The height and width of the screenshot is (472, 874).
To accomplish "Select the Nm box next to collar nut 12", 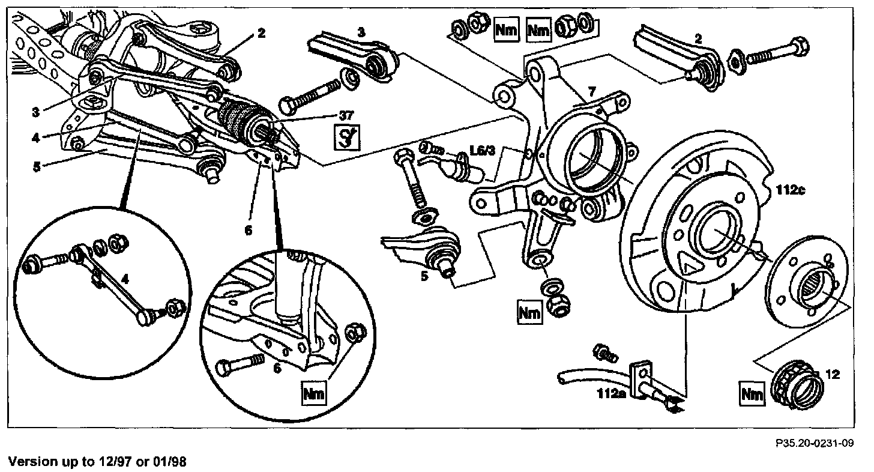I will pyautogui.click(x=753, y=394).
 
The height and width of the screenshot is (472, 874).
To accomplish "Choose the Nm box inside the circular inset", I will pyautogui.click(x=315, y=393).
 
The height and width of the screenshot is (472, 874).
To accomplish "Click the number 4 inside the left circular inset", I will pyautogui.click(x=124, y=278).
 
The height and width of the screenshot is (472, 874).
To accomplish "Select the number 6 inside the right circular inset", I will pyautogui.click(x=277, y=368).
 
